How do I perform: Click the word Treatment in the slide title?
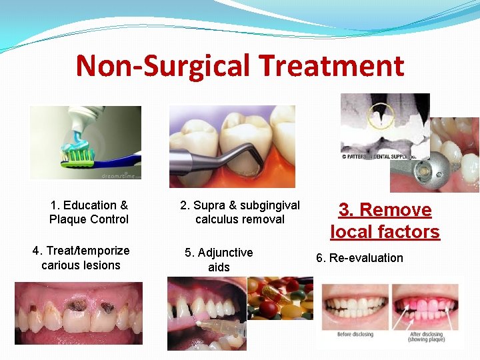(331, 66)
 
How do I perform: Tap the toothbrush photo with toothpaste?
(85, 143)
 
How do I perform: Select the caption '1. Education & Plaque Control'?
(89, 212)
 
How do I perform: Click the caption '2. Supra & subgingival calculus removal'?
(240, 212)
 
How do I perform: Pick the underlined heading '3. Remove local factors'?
(385, 221)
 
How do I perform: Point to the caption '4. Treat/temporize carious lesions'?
(81, 258)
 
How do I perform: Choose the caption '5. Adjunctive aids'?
(219, 260)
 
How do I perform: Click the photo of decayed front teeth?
(79, 313)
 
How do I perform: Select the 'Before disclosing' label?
(354, 334)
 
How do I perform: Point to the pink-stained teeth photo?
(425, 307)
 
